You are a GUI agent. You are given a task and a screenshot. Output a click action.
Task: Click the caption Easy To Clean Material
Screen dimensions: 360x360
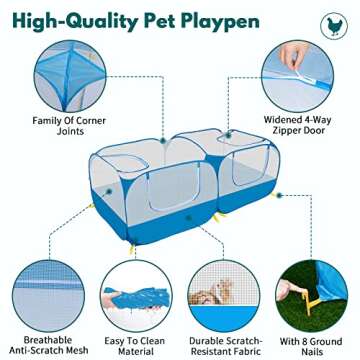[x=135, y=344]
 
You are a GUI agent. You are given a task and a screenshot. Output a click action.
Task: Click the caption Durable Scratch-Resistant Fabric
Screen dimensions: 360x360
[x=225, y=344]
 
